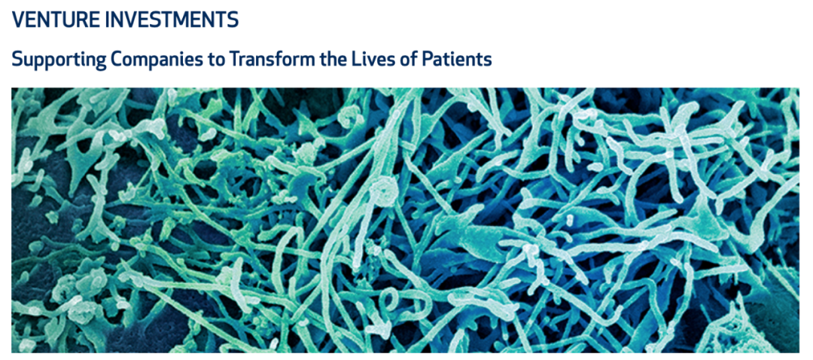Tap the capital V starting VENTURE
pos(19,19)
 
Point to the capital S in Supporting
pos(17,59)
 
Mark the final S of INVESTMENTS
pos(233,19)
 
